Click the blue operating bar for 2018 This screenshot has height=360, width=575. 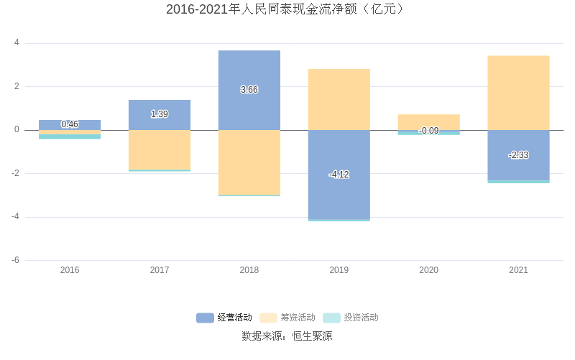coord(249,72)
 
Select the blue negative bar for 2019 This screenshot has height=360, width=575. coord(339,194)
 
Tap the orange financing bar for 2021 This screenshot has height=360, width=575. coord(518,93)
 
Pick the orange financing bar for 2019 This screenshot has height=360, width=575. coord(339,99)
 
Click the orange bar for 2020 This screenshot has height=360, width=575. coord(428,121)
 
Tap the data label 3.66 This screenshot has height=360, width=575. coord(249,90)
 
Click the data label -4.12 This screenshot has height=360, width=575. coord(339,175)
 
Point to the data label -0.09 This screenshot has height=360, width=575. coord(428,131)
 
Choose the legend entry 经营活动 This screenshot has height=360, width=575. coord(224,318)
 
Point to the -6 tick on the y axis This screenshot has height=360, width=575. coord(15,260)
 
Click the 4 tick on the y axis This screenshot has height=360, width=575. coord(17,43)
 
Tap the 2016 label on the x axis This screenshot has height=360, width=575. coord(70,270)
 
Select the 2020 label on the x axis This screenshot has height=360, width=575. coord(428,270)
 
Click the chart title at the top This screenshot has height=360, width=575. coord(287,9)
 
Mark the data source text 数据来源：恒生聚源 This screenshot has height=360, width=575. coord(287,336)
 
